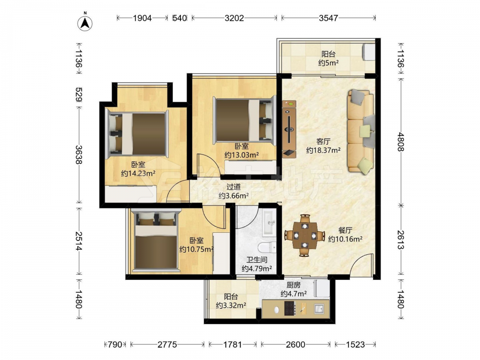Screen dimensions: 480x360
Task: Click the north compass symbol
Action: pos(85,22)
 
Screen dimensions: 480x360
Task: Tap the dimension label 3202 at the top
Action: pos(234,18)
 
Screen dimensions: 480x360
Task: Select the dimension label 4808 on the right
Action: pos(401,142)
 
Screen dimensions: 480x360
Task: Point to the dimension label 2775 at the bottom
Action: pos(167,345)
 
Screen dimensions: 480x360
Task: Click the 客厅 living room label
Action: pos(323,142)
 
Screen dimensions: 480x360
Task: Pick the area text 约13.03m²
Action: pos(241,155)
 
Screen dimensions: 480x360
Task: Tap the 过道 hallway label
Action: pos(233,187)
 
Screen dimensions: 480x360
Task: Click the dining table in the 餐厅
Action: pos(305,235)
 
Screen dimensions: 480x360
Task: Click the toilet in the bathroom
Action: pos(267,248)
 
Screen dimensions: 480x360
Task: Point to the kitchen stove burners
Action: pos(289,308)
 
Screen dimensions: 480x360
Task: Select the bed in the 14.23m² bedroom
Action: pos(137,134)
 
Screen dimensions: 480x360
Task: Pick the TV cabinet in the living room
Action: pos(289,129)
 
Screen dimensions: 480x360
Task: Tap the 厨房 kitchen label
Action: pos(293,285)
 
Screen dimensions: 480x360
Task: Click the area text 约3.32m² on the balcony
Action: pos(231,305)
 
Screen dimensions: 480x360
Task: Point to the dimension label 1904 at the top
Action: pos(143,18)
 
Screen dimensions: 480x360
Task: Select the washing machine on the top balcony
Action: pos(369,52)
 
